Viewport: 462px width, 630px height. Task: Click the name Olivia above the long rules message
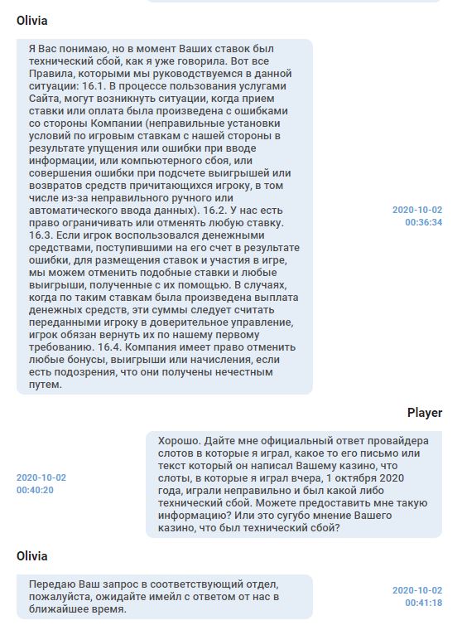tap(31, 20)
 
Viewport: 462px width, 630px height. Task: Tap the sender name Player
tap(424, 413)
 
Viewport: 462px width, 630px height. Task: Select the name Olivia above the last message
tap(31, 555)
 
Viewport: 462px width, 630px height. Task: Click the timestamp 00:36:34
tap(423, 222)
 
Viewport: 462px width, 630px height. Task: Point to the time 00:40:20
tap(35, 490)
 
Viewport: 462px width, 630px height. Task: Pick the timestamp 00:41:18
tap(423, 603)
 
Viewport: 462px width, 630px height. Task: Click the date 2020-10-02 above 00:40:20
tap(41, 477)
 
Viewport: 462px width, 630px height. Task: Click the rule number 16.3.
tap(41, 236)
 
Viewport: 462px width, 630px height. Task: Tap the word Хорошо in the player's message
tap(179, 440)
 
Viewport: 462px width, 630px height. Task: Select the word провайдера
tap(397, 440)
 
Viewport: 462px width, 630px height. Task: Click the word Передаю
tap(51, 584)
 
